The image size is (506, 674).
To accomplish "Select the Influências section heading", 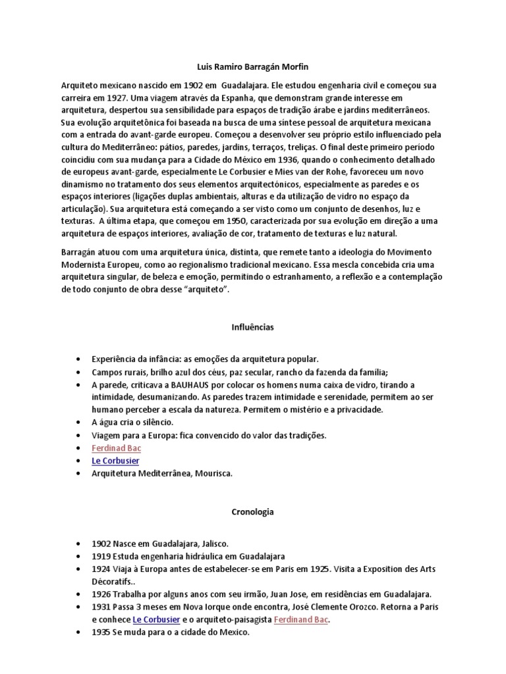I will pyautogui.click(x=252, y=326).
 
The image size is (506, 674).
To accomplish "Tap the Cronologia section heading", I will pyautogui.click(x=252, y=511).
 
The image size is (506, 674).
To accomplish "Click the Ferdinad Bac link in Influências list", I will pyautogui.click(x=117, y=448).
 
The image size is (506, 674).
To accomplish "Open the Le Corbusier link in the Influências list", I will pyautogui.click(x=115, y=461).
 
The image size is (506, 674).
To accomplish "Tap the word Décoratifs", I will pyautogui.click(x=114, y=582).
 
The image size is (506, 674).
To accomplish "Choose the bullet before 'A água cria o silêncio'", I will pyautogui.click(x=78, y=422).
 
